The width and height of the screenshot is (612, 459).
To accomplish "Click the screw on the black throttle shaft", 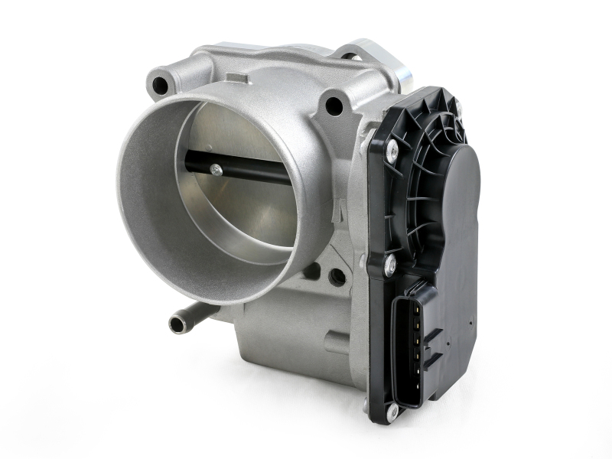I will click(x=216, y=171).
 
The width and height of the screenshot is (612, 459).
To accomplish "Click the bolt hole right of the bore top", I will click(x=334, y=106).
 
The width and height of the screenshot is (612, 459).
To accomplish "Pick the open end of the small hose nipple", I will click(x=177, y=324).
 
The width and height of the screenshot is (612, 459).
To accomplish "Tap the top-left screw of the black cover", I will click(x=392, y=151).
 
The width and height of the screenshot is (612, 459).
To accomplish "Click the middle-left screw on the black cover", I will click(x=389, y=265).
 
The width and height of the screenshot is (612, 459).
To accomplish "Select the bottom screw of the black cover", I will click(x=392, y=412).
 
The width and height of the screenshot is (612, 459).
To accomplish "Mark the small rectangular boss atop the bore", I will click(x=237, y=78).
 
